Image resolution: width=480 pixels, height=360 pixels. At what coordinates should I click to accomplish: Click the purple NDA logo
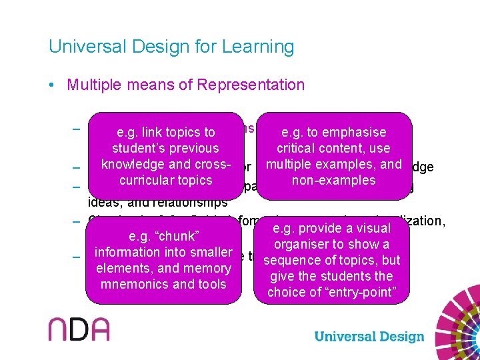tap(79, 329)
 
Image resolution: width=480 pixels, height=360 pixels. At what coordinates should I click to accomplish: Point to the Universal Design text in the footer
tap(369, 337)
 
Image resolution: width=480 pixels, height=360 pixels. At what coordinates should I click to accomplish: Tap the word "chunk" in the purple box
tap(173, 236)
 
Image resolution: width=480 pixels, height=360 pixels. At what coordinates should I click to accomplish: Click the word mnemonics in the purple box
tap(131, 284)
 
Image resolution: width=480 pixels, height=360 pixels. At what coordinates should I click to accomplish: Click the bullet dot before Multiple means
tap(51, 85)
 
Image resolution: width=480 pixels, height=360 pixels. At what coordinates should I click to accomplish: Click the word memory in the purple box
tap(210, 268)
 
